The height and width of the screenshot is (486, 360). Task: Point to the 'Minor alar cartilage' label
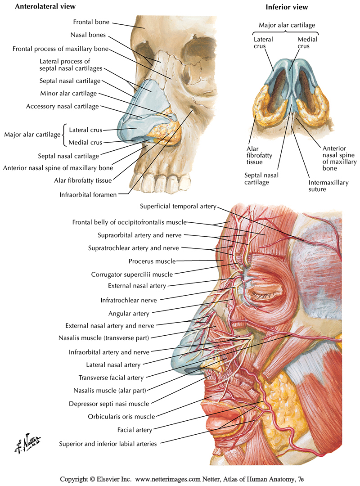click(x=68, y=94)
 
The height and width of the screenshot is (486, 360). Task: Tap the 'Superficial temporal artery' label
click(x=178, y=207)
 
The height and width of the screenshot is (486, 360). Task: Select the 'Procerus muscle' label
click(x=152, y=261)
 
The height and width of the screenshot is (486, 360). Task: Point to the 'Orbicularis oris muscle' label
click(x=122, y=416)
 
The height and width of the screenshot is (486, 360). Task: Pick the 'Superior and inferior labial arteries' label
click(x=108, y=444)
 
